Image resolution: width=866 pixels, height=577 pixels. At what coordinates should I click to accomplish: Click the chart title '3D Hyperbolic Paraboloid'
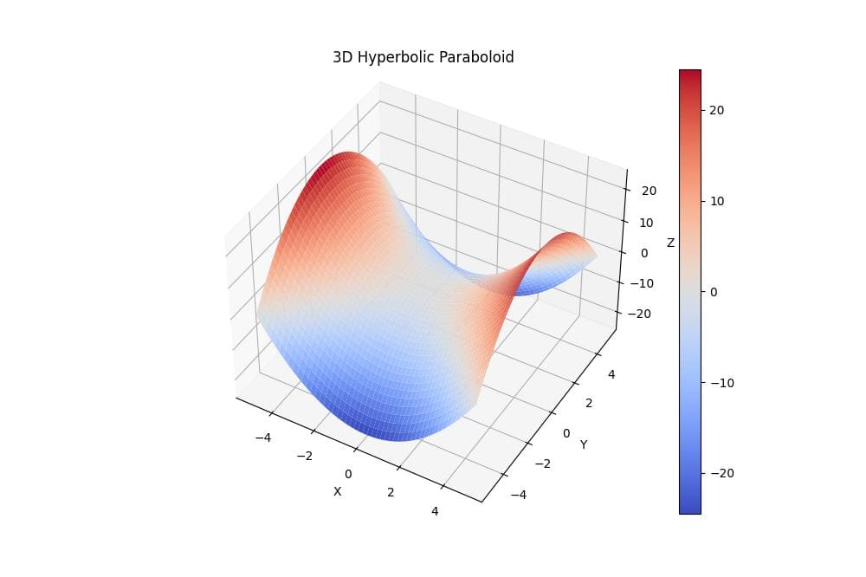[x=423, y=58]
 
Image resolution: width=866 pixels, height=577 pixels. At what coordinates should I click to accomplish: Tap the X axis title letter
[x=338, y=491]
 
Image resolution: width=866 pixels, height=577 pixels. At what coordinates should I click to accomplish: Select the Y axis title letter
[x=584, y=444]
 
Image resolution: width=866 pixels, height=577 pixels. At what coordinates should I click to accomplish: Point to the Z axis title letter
[x=670, y=243]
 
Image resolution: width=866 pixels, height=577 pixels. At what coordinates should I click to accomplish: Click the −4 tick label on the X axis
[x=263, y=438]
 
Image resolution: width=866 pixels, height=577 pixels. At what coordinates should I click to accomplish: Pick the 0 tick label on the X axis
[x=348, y=474]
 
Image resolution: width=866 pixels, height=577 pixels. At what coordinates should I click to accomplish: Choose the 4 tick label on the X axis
[x=435, y=511]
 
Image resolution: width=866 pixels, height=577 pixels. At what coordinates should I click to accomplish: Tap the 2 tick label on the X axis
[x=391, y=492]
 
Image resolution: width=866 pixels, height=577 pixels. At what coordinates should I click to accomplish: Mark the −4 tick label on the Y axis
[x=517, y=495]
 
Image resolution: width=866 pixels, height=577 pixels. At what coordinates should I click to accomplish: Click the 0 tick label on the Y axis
[x=566, y=432]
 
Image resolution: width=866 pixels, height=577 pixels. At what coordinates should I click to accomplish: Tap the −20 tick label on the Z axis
[x=639, y=314]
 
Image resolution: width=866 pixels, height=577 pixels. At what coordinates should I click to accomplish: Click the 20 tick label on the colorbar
[x=716, y=110]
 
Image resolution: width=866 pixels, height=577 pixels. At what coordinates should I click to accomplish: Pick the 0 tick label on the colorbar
[x=714, y=292]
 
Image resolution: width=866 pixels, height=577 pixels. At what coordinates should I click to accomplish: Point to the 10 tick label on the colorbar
[x=716, y=201]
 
